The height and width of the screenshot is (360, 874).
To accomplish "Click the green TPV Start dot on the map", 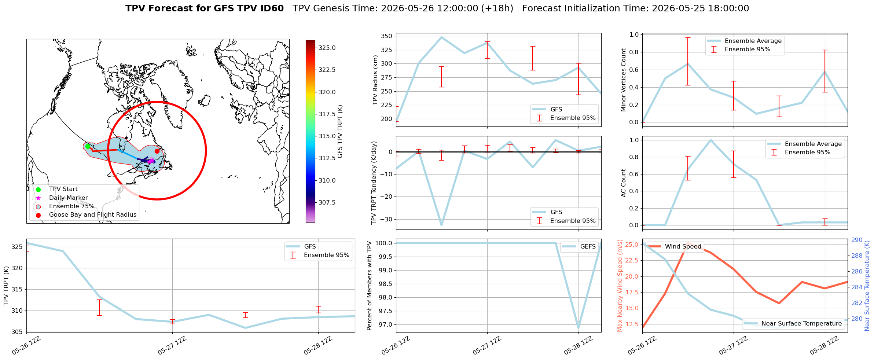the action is pos(88,146).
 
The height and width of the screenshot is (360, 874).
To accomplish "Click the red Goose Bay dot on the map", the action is pos(157,151).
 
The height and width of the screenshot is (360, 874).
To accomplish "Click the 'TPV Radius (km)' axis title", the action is pos(375,80).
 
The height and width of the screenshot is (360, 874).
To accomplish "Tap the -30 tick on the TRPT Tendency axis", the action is pos(386,219).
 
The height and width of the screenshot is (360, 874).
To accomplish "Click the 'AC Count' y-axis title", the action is pos(623,183).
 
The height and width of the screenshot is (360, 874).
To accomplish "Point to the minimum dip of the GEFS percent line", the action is pos(579,328).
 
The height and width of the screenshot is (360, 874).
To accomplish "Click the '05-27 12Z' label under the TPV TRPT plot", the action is pos(172,345).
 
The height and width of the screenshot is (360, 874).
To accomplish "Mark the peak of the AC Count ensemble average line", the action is pos(710,140).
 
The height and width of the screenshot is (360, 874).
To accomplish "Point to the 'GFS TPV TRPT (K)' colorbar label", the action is pos(340,132).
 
